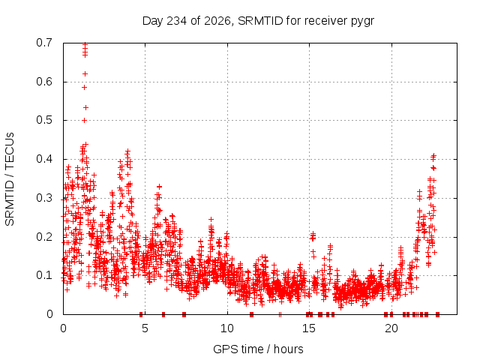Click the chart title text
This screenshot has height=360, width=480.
pos(258,21)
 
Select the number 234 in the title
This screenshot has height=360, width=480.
pos(176,21)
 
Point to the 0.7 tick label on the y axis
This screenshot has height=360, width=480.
pos(44,43)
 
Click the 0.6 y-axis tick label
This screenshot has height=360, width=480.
pos(44,82)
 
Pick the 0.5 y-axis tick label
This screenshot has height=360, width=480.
pos(44,120)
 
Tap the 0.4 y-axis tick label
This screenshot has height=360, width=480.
pos(44,159)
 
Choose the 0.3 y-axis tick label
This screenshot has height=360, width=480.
pos(44,198)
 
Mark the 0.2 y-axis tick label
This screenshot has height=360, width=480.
pos(44,237)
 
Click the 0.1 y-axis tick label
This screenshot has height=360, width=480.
pos(44,275)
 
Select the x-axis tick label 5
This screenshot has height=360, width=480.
pos(145,328)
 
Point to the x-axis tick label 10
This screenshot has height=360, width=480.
pos(227,328)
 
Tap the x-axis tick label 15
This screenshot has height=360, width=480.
pos(309,328)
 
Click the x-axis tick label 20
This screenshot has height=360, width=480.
pos(391,328)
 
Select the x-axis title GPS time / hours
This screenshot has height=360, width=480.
pos(258,349)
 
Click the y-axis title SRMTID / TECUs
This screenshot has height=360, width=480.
pos(10,179)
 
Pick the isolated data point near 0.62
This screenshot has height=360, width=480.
pos(85,73)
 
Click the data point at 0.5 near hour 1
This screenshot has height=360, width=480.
pos(85,120)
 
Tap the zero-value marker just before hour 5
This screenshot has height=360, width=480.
pos(141,314)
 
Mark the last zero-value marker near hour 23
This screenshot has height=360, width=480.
pos(438,314)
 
